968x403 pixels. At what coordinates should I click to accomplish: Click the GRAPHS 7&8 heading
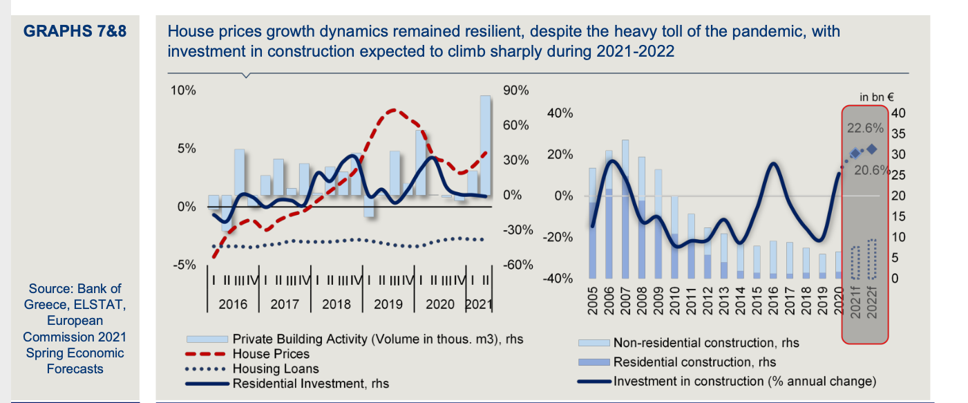coord(75,32)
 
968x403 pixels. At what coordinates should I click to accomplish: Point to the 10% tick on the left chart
coord(184,91)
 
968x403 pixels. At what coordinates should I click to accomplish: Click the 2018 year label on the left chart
coord(336,303)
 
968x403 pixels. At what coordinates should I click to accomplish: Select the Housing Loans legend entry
coord(276,369)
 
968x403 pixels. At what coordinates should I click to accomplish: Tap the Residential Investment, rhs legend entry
coord(310,384)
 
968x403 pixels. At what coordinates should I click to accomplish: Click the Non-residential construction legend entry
coord(705,343)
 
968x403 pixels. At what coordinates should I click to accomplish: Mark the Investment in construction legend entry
coord(744,381)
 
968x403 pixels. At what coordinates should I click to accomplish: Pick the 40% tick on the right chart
coord(559,113)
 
